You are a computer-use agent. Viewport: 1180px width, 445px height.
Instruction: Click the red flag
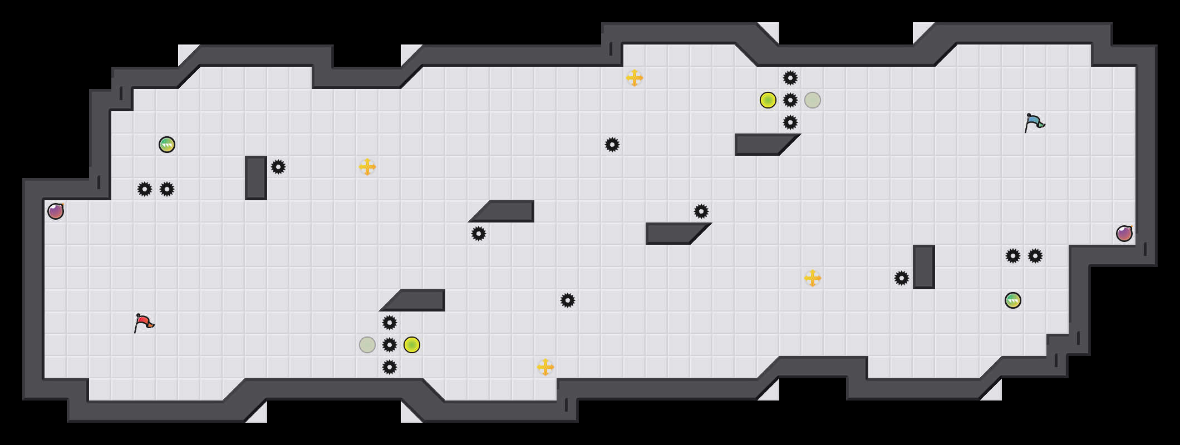pos(144,323)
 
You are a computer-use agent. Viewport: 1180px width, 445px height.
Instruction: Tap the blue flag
pos(1034,122)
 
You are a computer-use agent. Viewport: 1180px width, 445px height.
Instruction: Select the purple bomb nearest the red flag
pos(56,211)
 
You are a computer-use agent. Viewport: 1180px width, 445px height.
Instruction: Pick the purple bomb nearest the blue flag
pos(1124,234)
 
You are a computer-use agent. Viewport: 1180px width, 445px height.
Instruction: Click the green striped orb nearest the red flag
pos(167,145)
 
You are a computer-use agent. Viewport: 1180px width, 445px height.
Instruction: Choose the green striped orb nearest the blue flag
pos(1013,300)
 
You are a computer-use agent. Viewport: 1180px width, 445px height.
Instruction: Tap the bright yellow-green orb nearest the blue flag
pos(768,100)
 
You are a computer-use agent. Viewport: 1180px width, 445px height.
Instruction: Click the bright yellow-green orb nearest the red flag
pos(412,345)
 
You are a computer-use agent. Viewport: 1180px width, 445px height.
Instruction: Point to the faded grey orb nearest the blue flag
pos(813,100)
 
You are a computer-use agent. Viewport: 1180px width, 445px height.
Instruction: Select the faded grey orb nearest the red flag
pos(367,345)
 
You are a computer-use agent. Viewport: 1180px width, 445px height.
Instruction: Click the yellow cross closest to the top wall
pos(635,78)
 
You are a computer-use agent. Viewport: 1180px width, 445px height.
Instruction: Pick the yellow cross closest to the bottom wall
pos(545,367)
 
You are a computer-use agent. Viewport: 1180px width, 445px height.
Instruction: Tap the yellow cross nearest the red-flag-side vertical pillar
pos(367,167)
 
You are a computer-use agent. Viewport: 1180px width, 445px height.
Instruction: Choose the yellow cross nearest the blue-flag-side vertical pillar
pos(813,278)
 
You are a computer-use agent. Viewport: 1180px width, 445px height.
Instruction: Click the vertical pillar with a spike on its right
pos(256,178)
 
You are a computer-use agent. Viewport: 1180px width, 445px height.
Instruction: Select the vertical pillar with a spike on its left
pos(924,267)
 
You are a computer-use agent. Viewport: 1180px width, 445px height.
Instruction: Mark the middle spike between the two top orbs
pos(790,100)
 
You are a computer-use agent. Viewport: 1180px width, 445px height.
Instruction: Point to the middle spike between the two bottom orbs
pos(390,345)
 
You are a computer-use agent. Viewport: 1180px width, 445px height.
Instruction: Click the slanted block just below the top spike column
pos(763,145)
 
